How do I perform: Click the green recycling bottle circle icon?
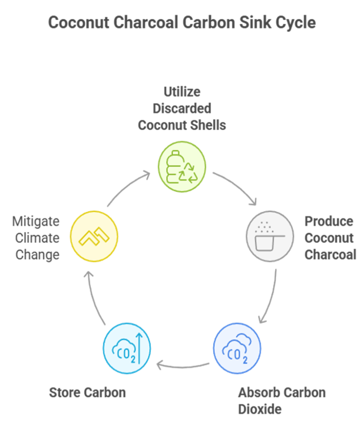pyautogui.click(x=181, y=166)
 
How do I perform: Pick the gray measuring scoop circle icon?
pyautogui.click(x=270, y=237)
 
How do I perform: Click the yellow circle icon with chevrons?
pyautogui.click(x=94, y=236)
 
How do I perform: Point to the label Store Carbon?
pyautogui.click(x=87, y=392)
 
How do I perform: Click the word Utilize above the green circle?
pyautogui.click(x=182, y=91)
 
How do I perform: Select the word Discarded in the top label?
pyautogui.click(x=182, y=108)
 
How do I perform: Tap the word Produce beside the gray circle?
pyautogui.click(x=329, y=221)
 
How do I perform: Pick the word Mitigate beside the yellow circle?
pyautogui.click(x=36, y=221)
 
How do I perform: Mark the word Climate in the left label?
pyautogui.click(x=37, y=238)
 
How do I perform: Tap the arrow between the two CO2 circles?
pyautogui.click(x=183, y=364)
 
